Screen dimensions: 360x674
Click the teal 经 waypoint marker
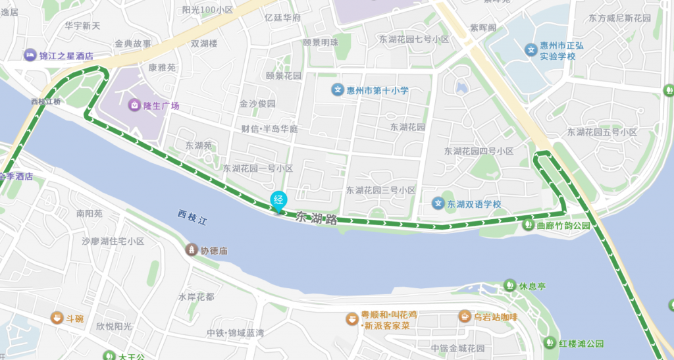pyautogui.click(x=279, y=199)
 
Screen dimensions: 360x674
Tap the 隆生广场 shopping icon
pyautogui.click(x=134, y=105)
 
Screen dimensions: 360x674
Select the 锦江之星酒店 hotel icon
pyautogui.click(x=30, y=56)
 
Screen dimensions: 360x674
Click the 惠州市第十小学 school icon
pyautogui.click(x=337, y=90)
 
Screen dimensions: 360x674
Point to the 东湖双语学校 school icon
pyautogui.click(x=438, y=204)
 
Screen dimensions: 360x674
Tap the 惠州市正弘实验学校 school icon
pyautogui.click(x=531, y=49)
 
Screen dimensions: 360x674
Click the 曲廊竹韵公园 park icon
pyautogui.click(x=528, y=225)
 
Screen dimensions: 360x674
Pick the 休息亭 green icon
pyautogui.click(x=509, y=286)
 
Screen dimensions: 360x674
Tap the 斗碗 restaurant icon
pyautogui.click(x=57, y=319)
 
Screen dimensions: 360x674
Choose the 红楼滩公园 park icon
pyautogui.click(x=550, y=343)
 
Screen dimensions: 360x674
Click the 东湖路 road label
pyautogui.click(x=317, y=218)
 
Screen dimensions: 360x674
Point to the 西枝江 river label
pyautogui.click(x=192, y=217)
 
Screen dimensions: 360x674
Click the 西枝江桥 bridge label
pyautogui.click(x=45, y=102)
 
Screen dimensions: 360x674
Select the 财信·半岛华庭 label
pyautogui.click(x=270, y=128)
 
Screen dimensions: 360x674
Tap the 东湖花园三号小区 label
pyautogui.click(x=381, y=190)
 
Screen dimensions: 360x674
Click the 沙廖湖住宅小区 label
pyautogui.click(x=113, y=242)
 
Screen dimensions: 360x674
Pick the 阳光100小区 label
pyautogui.click(x=207, y=10)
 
